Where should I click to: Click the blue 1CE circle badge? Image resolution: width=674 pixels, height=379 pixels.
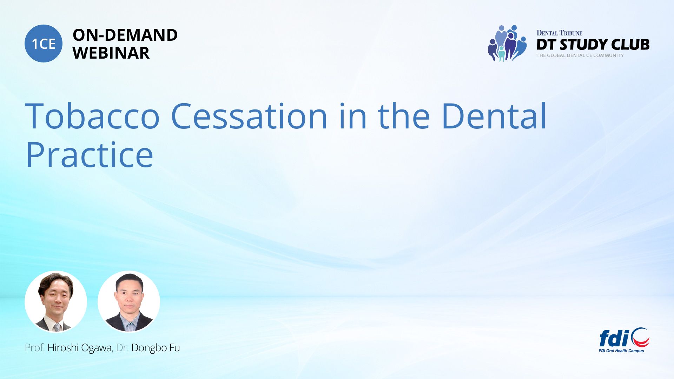tap(44, 44)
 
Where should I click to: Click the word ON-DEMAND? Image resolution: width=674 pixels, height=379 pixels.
tap(125, 35)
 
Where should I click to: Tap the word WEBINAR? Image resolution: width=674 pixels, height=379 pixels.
tap(111, 53)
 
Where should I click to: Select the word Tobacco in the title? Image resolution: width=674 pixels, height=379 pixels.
tap(92, 116)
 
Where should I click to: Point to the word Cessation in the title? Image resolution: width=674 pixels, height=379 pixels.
tap(249, 116)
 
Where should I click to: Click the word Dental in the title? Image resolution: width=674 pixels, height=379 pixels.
tap(494, 116)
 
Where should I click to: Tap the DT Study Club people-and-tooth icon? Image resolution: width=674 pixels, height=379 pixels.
tap(507, 43)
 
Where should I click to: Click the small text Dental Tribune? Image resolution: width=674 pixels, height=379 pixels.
tap(560, 33)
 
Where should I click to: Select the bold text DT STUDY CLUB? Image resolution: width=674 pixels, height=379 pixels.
tap(593, 45)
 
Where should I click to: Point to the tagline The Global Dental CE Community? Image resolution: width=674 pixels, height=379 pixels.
tap(580, 55)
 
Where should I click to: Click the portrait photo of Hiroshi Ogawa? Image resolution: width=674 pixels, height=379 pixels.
tap(56, 301)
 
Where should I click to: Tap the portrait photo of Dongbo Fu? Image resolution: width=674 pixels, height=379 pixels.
tap(129, 301)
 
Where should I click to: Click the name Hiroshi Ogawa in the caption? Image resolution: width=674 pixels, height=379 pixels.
tap(79, 348)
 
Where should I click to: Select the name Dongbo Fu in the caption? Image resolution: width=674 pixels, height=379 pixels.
tap(156, 348)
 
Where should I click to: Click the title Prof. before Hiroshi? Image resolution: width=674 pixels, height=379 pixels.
tap(35, 348)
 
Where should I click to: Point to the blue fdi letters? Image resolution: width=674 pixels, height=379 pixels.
tap(614, 338)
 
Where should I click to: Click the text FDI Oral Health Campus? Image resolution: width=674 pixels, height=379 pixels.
tap(621, 351)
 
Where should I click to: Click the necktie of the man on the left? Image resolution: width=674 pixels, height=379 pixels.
tap(58, 327)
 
